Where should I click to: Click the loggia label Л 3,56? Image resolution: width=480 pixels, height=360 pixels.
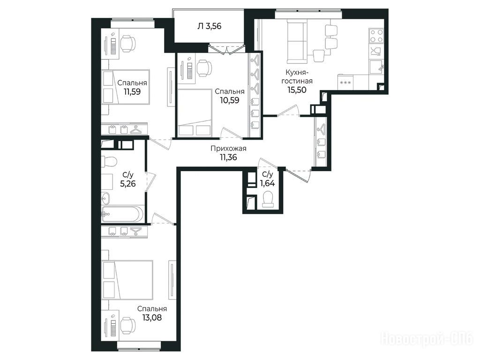click(209, 26)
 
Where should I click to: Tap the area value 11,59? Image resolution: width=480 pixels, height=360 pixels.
click(132, 91)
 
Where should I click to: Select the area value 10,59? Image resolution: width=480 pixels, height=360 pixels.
click(230, 100)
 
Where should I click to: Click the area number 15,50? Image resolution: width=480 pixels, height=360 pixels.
click(297, 90)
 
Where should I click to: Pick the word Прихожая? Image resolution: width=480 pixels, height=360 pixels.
click(228, 149)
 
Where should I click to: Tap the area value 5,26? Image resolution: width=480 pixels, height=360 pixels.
click(128, 184)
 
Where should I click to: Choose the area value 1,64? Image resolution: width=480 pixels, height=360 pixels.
click(267, 183)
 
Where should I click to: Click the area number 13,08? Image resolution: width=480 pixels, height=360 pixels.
click(152, 317)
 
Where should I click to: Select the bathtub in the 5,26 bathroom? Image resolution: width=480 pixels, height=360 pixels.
click(122, 214)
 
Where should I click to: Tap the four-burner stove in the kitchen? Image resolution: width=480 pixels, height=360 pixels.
click(376, 36)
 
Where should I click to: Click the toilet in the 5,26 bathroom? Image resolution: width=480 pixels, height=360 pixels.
click(108, 162)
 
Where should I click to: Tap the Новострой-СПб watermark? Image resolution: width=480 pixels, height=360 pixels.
click(427, 339)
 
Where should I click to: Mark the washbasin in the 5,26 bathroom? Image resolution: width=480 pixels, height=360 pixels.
click(106, 198)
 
